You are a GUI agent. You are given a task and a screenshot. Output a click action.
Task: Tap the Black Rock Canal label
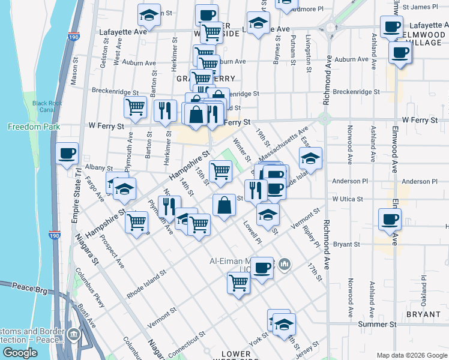pos(48,106)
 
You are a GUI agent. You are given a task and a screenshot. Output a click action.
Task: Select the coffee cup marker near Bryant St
pos(390,219)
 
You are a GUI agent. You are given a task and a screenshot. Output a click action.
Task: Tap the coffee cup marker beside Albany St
pos(67,153)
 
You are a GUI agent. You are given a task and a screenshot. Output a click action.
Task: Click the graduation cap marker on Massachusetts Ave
pos(310,158)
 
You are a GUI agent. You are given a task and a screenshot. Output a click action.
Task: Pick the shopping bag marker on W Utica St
pos(224,205)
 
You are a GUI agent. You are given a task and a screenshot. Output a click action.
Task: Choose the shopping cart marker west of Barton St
pos(136,107)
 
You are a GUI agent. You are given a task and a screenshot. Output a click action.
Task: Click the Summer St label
pos(378,324)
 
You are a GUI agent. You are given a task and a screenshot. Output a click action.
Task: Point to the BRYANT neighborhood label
pos(423,314)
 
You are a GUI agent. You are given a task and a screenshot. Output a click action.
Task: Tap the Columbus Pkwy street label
pos(90,289)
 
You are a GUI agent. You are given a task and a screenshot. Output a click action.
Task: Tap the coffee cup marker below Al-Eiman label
pos(261,268)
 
